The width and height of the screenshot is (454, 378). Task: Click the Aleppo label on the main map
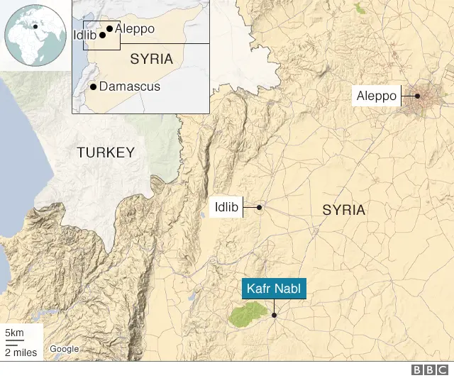(377, 96)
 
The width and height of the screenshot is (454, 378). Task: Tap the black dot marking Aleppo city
(418, 96)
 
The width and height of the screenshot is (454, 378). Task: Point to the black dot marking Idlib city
(260, 208)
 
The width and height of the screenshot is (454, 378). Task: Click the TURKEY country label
(105, 152)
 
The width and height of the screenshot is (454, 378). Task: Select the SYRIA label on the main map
(343, 211)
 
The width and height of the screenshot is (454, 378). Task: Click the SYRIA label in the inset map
(151, 59)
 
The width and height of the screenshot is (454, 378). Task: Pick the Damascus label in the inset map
(130, 87)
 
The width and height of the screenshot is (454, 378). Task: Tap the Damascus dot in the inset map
(94, 87)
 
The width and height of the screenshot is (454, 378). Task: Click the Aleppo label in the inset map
(134, 28)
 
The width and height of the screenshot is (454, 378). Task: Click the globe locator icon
(34, 34)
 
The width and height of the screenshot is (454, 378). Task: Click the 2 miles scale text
(21, 352)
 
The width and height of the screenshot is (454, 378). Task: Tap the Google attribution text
(64, 349)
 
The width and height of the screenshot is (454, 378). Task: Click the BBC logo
(428, 369)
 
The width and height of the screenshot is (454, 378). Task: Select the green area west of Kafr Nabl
(247, 314)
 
